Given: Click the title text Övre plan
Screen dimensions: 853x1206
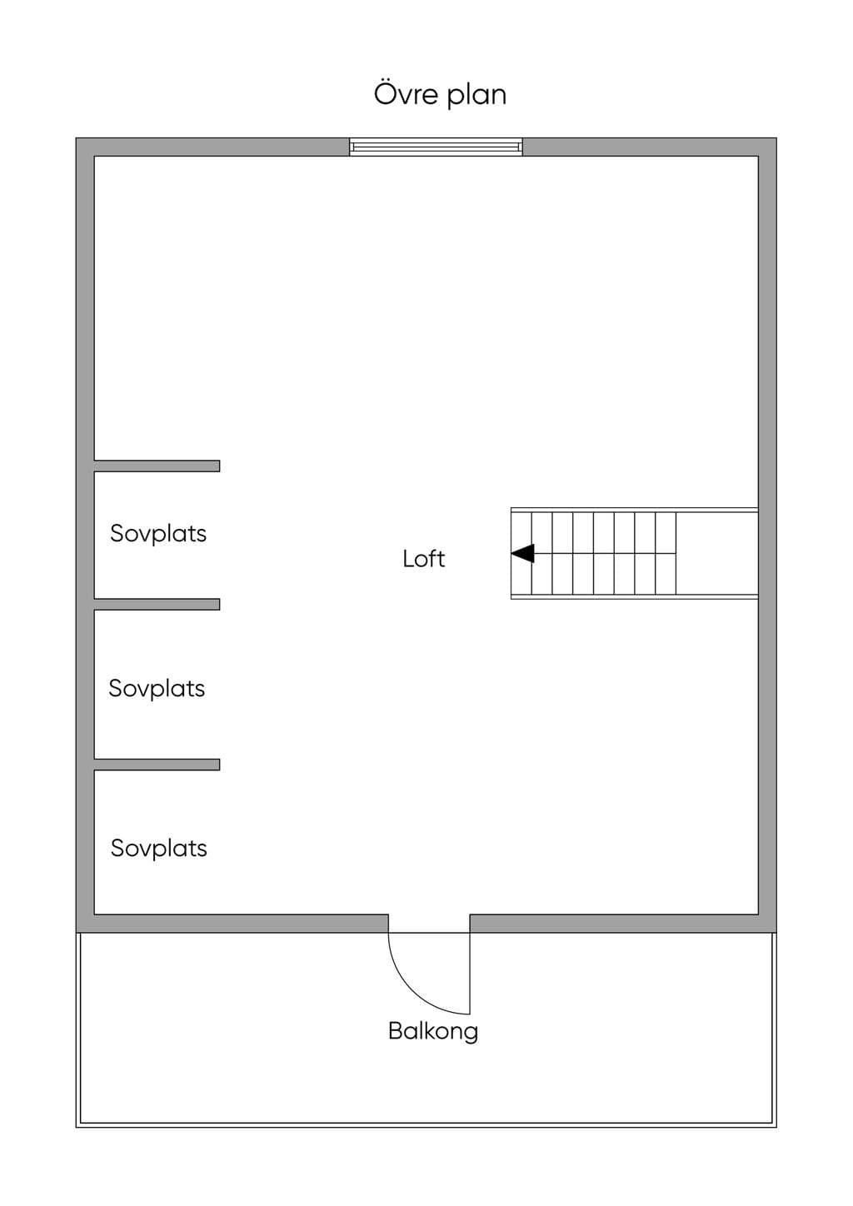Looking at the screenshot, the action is point(440,95).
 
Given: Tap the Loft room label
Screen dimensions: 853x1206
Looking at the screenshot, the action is point(424,559).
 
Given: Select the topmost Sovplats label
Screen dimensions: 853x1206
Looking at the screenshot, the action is point(158,534).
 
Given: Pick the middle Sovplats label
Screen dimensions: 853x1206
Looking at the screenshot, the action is point(157,689).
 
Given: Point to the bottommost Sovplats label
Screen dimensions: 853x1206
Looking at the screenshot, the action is point(159,849).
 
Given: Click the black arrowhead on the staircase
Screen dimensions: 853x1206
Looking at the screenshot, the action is point(522,554).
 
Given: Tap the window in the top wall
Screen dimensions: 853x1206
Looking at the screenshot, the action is point(436,147).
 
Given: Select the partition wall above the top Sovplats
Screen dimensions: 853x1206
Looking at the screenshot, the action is point(157,466).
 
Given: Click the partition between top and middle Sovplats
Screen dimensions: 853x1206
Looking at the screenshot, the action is point(157,604).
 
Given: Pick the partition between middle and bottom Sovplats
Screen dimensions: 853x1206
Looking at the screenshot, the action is point(157,765).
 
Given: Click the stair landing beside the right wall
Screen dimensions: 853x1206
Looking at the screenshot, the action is point(716,554).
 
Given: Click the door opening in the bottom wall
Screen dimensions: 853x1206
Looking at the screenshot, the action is point(429,924).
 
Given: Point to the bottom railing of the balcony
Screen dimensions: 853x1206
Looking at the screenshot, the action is point(426,1124).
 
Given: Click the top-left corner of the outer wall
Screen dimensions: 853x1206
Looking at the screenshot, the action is point(76,138).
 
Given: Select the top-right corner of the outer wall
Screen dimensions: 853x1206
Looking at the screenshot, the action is point(776,138).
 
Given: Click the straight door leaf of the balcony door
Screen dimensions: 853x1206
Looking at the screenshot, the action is point(470,974).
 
